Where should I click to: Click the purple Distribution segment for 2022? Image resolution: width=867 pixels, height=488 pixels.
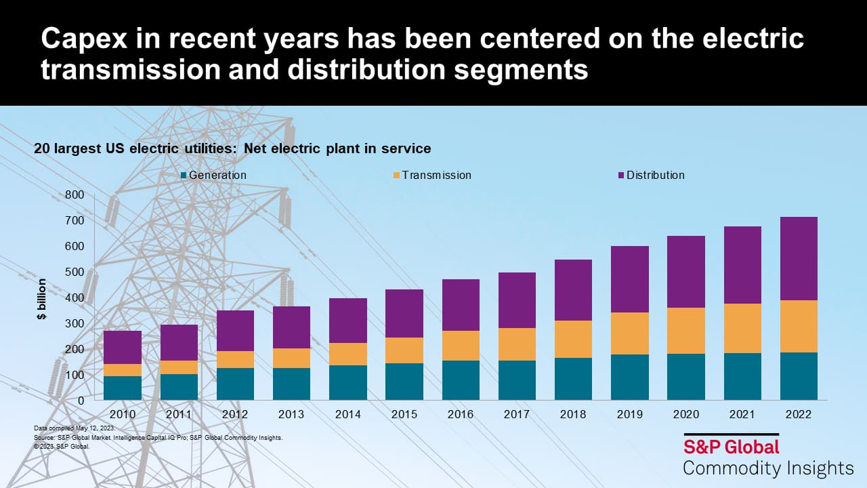[x=799, y=258]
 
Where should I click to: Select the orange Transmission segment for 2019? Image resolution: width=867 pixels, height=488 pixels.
[x=629, y=333]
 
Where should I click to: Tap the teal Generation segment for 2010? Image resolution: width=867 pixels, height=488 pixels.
[x=123, y=388]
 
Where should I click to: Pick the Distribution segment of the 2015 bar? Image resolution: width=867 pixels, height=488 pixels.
[x=404, y=313]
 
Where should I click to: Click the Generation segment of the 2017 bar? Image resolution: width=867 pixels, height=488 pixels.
[x=517, y=380]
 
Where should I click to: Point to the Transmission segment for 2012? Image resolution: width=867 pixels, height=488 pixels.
[x=235, y=359]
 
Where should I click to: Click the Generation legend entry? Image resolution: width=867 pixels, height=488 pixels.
[x=213, y=175]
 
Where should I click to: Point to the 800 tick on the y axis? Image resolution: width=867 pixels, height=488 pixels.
[x=75, y=195]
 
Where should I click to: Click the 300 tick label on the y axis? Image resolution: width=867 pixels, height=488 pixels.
[x=75, y=323]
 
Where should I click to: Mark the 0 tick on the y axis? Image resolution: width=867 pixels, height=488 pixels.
[x=80, y=401]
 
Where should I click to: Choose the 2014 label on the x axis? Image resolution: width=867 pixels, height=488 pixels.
[x=347, y=414]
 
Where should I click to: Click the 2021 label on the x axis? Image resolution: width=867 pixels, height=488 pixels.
[x=742, y=414]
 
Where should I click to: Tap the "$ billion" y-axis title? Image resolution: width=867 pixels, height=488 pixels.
[x=42, y=298]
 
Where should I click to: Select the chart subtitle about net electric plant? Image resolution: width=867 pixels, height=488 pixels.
[x=232, y=148]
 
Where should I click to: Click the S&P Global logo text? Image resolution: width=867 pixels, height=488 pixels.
[x=731, y=447]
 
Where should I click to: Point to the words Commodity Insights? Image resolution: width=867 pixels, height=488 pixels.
[x=768, y=468]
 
